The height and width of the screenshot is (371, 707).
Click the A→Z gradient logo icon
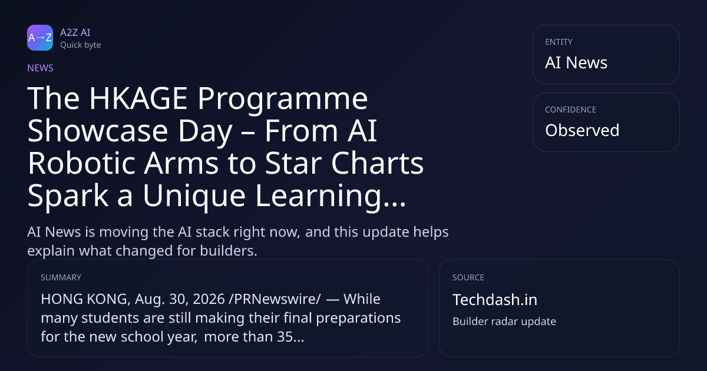(x=40, y=38)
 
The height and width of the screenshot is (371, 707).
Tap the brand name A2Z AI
(x=75, y=32)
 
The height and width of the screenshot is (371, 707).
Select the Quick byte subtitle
(x=81, y=45)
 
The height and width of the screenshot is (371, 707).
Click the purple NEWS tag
(x=40, y=68)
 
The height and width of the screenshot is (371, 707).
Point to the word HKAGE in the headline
(x=138, y=98)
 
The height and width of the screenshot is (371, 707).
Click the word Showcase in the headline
(x=98, y=131)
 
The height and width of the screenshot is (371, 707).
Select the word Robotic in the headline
(x=81, y=163)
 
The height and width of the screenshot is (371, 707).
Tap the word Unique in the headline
(x=194, y=196)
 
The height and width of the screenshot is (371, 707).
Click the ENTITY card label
(x=559, y=42)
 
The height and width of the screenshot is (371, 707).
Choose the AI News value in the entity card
(x=576, y=62)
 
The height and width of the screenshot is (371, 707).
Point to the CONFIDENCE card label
(x=571, y=110)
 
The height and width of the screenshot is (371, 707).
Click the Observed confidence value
(x=582, y=130)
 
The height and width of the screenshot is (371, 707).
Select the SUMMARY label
(x=61, y=277)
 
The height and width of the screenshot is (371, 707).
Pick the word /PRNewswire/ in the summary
(x=275, y=299)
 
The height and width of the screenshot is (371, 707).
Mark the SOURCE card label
(x=468, y=277)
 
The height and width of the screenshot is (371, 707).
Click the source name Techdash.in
(x=495, y=299)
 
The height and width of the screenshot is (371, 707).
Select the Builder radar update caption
(x=504, y=322)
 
